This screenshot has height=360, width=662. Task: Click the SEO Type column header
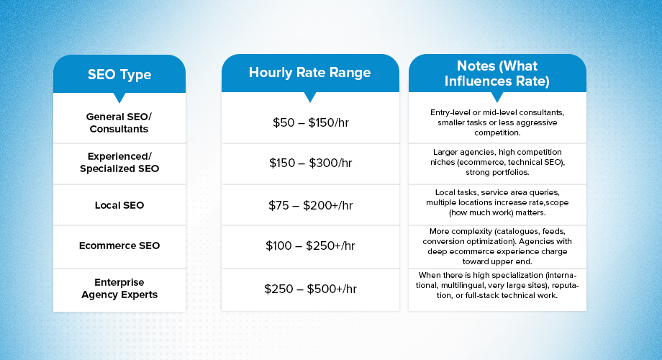(119, 74)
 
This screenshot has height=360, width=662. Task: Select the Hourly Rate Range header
(310, 73)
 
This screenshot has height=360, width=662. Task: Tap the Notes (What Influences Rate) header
(497, 74)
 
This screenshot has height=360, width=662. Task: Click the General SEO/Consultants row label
(119, 122)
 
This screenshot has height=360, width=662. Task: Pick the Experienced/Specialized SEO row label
(119, 163)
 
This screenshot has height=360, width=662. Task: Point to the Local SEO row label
(119, 205)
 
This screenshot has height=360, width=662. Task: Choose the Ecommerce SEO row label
(119, 246)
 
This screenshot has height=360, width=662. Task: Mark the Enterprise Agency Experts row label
(119, 288)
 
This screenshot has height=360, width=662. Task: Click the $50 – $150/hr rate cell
(310, 122)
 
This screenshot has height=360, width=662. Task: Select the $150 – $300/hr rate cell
(310, 163)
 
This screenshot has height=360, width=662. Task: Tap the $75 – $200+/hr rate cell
(310, 205)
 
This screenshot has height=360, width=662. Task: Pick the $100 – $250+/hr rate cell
(310, 246)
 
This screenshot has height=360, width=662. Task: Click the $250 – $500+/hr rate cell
(310, 289)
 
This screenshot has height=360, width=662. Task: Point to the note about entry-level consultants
(497, 123)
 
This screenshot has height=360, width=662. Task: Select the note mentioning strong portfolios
(497, 163)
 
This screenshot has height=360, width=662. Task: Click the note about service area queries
(497, 203)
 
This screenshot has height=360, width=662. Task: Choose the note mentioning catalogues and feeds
(497, 246)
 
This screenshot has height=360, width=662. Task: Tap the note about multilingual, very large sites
(497, 285)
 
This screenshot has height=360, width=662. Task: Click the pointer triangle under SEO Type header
(119, 97)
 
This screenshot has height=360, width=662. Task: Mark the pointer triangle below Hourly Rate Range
(310, 97)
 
